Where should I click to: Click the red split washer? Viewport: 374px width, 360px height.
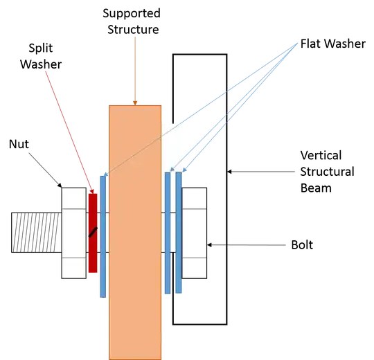(x=93, y=233)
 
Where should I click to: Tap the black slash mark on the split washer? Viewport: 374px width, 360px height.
(x=93, y=232)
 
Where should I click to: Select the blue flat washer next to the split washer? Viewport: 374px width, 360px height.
(x=103, y=237)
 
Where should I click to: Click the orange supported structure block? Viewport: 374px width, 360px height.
(x=135, y=233)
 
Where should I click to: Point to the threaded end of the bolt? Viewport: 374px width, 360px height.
(x=37, y=233)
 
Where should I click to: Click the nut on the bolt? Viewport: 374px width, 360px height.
(x=74, y=233)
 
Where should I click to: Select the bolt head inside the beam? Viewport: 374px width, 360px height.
(x=195, y=233)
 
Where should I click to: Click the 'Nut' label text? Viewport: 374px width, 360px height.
(x=19, y=144)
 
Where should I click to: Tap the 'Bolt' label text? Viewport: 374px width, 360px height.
(x=302, y=245)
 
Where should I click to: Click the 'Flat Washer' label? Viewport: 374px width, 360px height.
(x=332, y=44)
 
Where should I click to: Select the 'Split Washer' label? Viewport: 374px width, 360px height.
(x=41, y=56)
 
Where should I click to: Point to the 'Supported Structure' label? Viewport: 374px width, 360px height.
(x=132, y=21)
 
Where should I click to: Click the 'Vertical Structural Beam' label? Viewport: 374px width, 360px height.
(x=327, y=172)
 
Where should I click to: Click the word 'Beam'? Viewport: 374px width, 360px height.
(x=316, y=188)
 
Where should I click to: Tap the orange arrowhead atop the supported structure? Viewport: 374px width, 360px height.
(x=135, y=103)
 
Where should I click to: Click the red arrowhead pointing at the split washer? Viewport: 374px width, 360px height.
(x=92, y=192)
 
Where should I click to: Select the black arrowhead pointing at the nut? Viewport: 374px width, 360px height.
(x=60, y=186)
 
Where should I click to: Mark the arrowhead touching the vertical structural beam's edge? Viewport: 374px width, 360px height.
(x=229, y=172)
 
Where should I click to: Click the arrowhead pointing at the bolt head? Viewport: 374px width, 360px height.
(x=209, y=245)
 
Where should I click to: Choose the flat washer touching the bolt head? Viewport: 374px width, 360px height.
(x=179, y=233)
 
